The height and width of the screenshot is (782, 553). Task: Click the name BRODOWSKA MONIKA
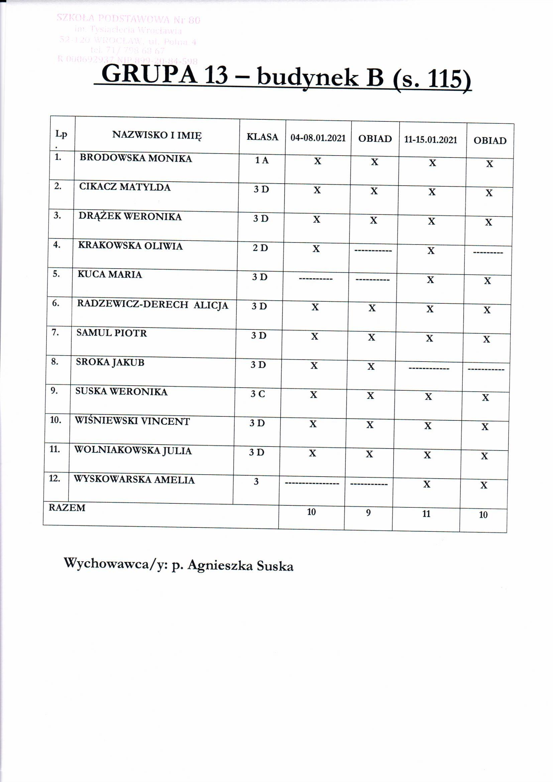tap(135, 159)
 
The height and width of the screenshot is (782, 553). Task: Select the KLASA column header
tap(262, 137)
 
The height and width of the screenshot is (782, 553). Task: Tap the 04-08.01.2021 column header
tap(318, 138)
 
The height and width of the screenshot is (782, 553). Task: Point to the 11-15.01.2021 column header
tap(430, 140)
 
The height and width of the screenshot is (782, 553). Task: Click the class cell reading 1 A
tap(262, 161)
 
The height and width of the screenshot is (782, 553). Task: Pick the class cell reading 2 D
tap(260, 248)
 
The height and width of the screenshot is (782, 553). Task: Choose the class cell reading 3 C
tap(258, 394)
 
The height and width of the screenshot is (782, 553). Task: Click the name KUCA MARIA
tap(110, 275)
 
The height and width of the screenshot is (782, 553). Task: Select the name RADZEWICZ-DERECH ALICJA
tap(152, 304)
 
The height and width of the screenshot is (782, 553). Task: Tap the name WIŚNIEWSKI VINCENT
tap(132, 421)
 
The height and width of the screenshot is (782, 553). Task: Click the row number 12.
tap(54, 479)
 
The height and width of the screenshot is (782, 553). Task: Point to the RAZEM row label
tap(67, 508)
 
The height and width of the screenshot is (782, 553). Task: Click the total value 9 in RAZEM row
tap(368, 513)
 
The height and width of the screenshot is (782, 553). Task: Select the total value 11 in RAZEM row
tap(426, 514)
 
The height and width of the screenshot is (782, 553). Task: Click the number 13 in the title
tap(216, 75)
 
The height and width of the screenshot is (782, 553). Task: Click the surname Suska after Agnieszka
tap(275, 566)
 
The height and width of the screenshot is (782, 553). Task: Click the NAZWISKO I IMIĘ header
tap(157, 135)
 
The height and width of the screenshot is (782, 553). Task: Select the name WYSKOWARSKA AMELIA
tap(134, 480)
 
